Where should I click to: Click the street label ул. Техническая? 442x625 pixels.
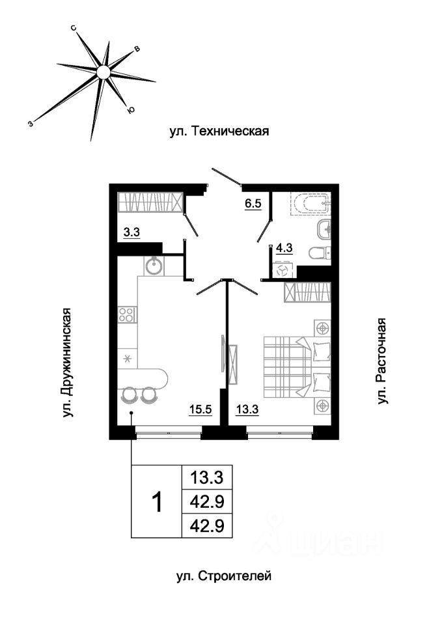point(219,131)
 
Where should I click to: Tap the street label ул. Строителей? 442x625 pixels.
point(223,576)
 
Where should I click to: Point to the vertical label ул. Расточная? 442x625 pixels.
point(382,361)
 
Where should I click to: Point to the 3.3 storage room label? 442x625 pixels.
point(132,230)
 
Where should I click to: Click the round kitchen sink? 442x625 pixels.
point(154,265)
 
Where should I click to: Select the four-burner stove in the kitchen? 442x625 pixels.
point(128,316)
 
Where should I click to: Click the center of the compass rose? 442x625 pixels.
point(103,72)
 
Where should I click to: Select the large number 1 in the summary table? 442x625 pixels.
point(156,501)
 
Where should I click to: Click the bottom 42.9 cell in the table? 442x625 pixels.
point(206,525)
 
